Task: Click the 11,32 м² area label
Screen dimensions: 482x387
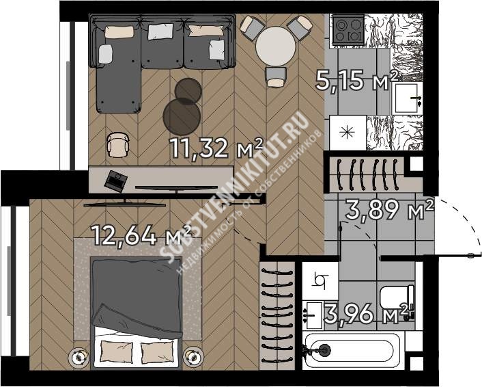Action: pos(216,148)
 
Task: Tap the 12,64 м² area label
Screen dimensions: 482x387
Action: pos(142,235)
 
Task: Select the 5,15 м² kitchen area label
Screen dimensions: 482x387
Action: pos(357,81)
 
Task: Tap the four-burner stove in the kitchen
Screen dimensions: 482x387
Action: pos(349,29)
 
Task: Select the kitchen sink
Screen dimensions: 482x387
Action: pos(406,99)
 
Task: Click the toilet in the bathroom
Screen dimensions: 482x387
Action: pos(397,297)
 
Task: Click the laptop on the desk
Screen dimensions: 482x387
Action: pos(115,181)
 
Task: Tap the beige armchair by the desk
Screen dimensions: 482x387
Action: pos(117,145)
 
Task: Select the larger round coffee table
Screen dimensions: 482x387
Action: pos(182,117)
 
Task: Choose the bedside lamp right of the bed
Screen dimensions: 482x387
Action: pos(194,356)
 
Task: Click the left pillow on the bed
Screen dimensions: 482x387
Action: pos(117,351)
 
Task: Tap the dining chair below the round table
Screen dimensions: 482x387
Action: pos(276,77)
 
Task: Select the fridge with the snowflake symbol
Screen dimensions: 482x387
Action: pos(348,133)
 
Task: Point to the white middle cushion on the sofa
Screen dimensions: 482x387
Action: pos(160,31)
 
